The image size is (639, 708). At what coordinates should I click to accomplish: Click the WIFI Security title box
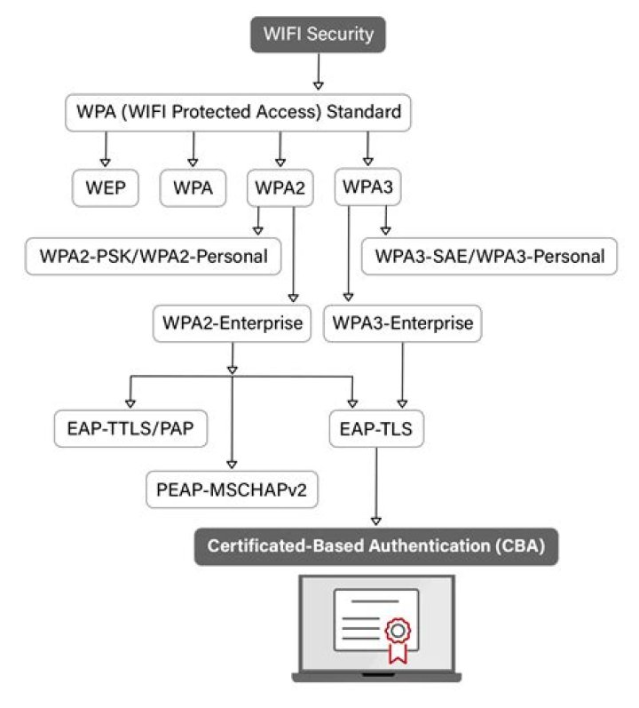(319, 36)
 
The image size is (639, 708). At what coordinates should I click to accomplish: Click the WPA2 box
(280, 187)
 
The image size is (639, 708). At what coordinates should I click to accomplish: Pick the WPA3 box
(367, 187)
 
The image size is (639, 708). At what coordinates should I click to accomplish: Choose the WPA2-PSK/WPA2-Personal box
(154, 256)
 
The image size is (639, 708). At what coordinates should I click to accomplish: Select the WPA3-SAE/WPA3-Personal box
(490, 256)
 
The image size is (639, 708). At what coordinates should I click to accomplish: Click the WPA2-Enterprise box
(233, 322)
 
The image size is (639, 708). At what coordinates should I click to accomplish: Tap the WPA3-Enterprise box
(403, 322)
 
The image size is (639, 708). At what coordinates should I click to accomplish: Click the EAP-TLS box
(375, 429)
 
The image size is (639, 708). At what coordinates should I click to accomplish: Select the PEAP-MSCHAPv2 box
(233, 488)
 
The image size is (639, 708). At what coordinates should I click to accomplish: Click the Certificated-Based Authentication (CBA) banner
(375, 546)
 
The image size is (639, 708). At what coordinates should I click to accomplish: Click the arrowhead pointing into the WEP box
(105, 163)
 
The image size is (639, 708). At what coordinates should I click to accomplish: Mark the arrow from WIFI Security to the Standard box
(319, 72)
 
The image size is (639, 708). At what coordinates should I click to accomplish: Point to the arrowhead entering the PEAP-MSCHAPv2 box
(233, 464)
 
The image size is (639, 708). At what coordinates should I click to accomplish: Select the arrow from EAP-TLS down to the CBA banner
(375, 484)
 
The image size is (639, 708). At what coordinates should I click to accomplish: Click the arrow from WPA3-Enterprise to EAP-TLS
(404, 373)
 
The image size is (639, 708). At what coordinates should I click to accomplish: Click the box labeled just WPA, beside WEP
(193, 187)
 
